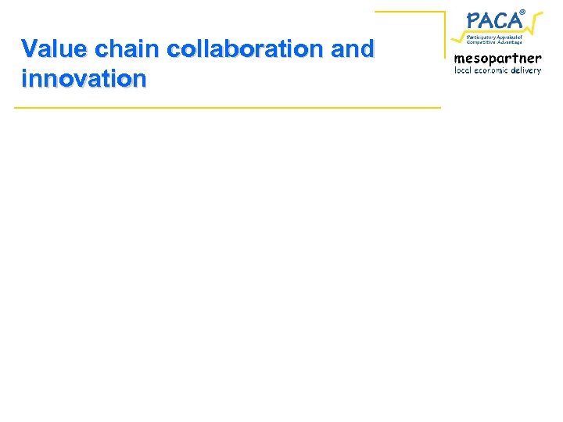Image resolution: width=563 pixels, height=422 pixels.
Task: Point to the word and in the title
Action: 353,48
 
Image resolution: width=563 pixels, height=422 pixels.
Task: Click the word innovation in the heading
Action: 84,78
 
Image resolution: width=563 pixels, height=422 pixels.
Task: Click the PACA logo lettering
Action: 493,20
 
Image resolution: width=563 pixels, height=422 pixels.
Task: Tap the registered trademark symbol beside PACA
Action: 522,10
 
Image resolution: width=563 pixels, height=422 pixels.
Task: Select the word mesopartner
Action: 497,59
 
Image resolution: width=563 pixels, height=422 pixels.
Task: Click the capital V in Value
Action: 30,48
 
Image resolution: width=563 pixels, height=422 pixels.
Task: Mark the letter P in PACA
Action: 474,20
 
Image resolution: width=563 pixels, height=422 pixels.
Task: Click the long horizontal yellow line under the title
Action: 227,107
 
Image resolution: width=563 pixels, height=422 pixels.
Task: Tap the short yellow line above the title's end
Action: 409,12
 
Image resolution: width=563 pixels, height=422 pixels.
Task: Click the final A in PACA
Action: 513,20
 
